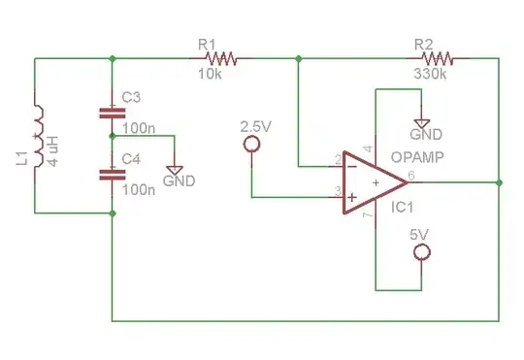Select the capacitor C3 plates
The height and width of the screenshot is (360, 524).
113,114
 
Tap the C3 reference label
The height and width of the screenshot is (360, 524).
132,97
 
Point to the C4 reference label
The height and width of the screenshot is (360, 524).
132,158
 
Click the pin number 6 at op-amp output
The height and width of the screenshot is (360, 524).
411,175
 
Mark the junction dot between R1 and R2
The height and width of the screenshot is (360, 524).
299,59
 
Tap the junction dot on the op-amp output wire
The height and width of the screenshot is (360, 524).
499,181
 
